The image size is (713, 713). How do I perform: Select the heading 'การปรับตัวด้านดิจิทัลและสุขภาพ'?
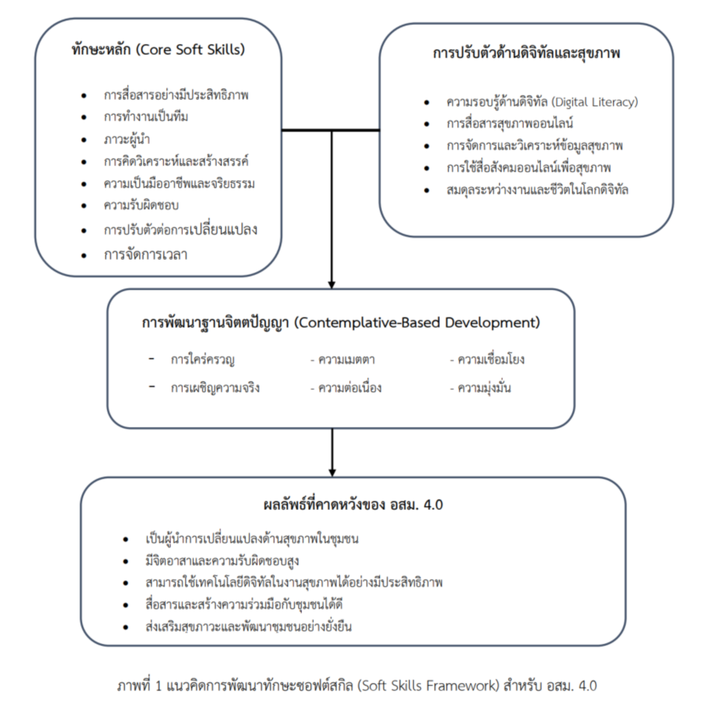coord(526,53)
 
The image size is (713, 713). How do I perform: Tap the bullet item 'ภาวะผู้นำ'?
coord(126,140)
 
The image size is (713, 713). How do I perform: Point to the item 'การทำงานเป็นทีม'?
coord(146,117)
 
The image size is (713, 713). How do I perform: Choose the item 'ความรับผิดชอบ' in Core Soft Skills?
coord(141,205)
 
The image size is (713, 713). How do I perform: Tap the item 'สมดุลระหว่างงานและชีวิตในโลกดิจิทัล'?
coord(537,190)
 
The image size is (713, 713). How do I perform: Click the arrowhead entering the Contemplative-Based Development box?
coord(332,285)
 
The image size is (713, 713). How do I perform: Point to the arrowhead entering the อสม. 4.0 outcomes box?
coord(332,472)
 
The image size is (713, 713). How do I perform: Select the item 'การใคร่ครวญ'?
coord(202,359)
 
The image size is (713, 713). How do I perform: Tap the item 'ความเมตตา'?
coord(346,359)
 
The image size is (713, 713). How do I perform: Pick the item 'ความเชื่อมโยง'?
coord(491,359)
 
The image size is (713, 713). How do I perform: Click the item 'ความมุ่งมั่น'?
coord(484,388)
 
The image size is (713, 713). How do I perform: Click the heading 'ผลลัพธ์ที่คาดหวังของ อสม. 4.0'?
coord(353,505)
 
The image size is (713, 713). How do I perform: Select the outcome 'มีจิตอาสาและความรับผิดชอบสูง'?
coord(222,561)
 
